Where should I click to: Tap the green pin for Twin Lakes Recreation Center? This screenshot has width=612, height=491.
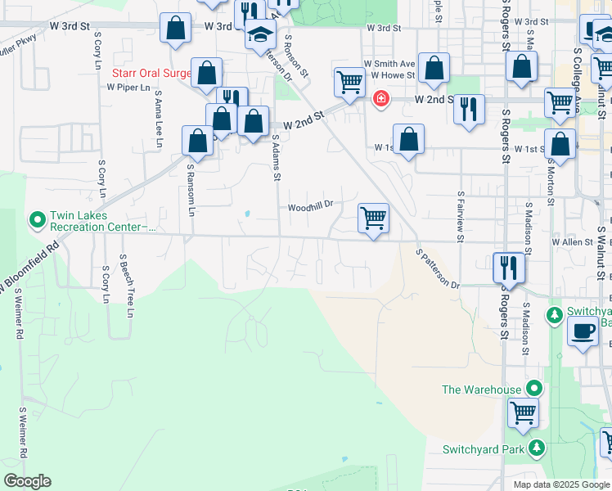[37, 220]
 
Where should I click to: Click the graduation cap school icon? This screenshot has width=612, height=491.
[260, 35]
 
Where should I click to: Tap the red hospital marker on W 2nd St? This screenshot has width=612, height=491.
[380, 99]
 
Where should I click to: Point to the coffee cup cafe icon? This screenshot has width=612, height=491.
[582, 332]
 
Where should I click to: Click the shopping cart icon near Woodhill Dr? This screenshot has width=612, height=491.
[373, 218]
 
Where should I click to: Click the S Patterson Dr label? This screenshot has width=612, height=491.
[438, 269]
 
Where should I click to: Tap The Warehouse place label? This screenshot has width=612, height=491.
[481, 390]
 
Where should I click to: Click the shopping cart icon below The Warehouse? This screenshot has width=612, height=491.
[523, 412]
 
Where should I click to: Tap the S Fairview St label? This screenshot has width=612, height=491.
[462, 215]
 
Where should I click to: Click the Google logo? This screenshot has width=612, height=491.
[27, 481]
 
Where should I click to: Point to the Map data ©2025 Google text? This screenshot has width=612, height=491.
[561, 484]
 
